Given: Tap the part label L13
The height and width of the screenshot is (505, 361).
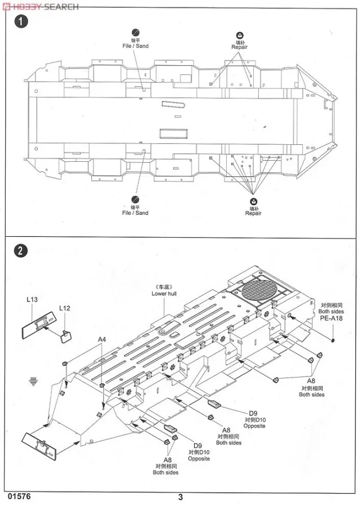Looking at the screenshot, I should coord(32,299).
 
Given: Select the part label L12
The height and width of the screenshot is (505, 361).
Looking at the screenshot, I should coord(64,308).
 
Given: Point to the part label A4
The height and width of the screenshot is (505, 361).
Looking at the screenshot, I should coord(102,339).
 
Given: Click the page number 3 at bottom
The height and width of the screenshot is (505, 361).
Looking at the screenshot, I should coord(180,497).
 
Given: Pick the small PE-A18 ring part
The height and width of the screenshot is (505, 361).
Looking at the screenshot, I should coord(333,340).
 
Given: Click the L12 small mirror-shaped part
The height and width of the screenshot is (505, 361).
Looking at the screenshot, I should coord(65,336).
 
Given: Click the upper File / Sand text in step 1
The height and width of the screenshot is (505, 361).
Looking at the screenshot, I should coord(135,46).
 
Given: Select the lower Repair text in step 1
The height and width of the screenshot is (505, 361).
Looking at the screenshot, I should coord(253,213).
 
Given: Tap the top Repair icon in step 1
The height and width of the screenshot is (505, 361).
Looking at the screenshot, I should coord(240,34).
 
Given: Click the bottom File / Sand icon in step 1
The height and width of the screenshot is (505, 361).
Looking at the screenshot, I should coord(135,200).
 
